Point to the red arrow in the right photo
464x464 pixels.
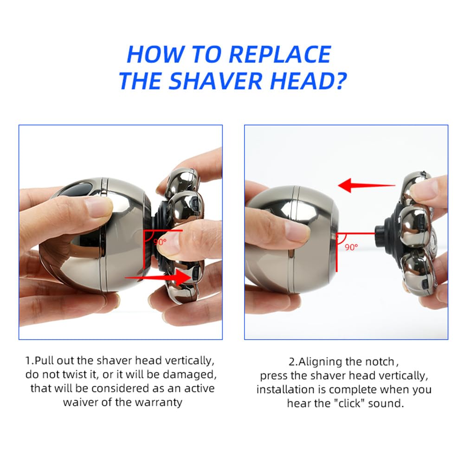pyautogui.click(x=367, y=186)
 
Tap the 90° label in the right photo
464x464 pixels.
pyautogui.click(x=351, y=247)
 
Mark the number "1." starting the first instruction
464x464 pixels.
pyautogui.click(x=29, y=361)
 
